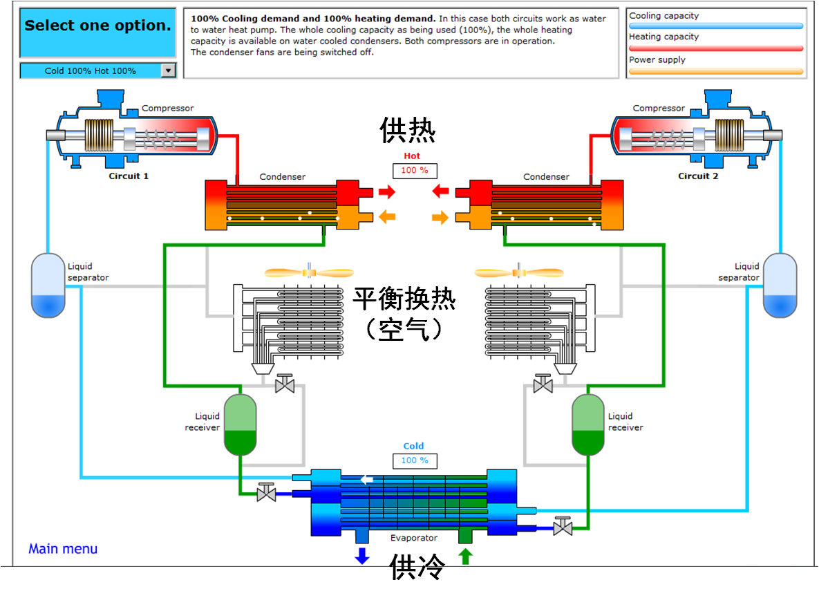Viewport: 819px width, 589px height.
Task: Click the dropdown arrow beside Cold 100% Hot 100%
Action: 168,71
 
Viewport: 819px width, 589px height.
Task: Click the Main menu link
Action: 63,549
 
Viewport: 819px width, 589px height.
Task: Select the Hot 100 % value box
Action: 415,170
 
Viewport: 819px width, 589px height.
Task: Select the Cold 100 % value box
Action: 415,460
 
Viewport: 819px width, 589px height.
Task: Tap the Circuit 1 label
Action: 129,176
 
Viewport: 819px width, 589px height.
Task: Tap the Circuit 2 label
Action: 698,176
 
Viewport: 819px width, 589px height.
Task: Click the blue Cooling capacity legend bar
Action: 716,26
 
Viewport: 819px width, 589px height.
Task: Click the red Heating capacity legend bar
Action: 716,48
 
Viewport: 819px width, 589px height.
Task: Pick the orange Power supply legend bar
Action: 716,71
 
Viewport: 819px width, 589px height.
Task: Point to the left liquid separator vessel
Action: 48,286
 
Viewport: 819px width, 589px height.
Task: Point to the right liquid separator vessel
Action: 780,286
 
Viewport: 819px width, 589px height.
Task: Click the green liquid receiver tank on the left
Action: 240,424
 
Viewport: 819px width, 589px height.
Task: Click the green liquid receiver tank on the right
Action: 588,424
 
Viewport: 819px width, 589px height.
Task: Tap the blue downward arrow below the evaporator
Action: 361,556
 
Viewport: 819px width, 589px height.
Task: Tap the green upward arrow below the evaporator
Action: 465,556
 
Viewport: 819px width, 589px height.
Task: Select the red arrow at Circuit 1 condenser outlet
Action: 387,191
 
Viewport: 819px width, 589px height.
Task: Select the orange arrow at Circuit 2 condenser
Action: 440,218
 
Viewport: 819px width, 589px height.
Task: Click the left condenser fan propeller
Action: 309,273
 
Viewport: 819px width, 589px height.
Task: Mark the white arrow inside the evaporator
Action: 368,480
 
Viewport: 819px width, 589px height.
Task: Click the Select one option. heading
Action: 97,26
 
